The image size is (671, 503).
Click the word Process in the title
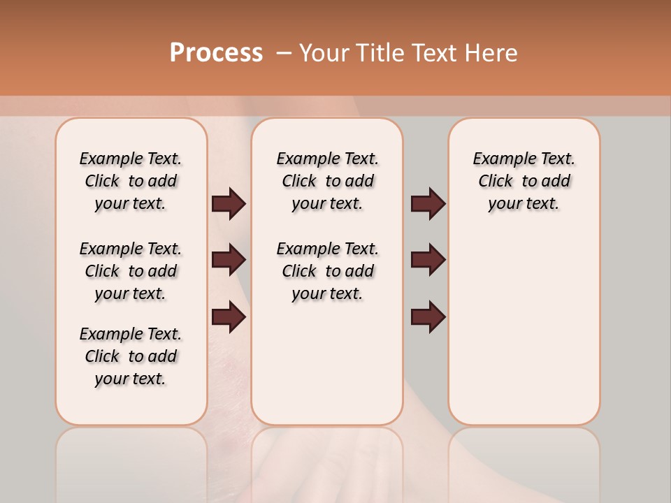point(216,53)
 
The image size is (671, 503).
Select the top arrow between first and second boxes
point(229,203)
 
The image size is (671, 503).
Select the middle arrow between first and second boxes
point(229,260)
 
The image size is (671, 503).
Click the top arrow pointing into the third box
point(428,203)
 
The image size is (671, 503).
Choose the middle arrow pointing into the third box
point(428,260)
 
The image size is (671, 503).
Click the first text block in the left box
point(131,181)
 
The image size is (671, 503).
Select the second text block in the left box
point(131,271)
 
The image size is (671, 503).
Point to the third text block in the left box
point(131,356)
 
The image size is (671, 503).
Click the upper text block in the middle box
point(327,181)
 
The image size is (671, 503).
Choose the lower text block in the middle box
point(327,271)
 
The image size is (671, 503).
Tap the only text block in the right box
point(524,181)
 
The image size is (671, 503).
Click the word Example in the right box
point(498,159)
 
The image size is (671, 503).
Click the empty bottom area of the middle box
point(327,370)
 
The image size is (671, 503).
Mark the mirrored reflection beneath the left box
point(131,461)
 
